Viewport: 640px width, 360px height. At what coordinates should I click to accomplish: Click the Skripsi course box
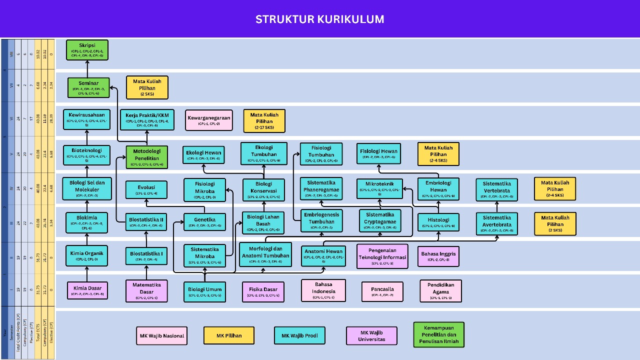coord(87,50)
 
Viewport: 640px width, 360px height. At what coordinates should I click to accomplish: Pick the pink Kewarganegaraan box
coord(208,120)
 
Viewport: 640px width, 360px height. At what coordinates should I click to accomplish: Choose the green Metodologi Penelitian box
coord(146,157)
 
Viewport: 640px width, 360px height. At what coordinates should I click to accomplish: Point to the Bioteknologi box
coord(87,155)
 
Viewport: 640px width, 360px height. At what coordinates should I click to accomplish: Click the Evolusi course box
coord(146,190)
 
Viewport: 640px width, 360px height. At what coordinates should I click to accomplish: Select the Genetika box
coord(205,222)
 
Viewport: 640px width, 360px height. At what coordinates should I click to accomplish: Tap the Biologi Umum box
coord(204,291)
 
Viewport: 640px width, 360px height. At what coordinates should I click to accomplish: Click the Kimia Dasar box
coord(87,290)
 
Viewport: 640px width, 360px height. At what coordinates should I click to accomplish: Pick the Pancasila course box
coord(382,291)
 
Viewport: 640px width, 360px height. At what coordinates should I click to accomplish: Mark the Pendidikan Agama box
coord(440,290)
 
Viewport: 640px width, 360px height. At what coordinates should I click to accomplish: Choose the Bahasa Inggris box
coord(438,256)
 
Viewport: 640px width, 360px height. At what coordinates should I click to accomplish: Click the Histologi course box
coord(438,222)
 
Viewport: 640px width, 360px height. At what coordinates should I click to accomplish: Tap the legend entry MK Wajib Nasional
coord(161,336)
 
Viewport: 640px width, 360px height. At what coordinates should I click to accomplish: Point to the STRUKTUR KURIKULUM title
coord(320,19)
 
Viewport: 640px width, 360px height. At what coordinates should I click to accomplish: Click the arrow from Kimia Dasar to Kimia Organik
coord(87,274)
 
